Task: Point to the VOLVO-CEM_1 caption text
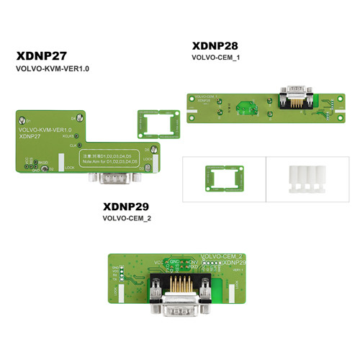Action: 215,57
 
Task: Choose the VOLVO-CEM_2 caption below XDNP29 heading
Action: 127,217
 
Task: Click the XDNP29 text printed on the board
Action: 235,263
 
